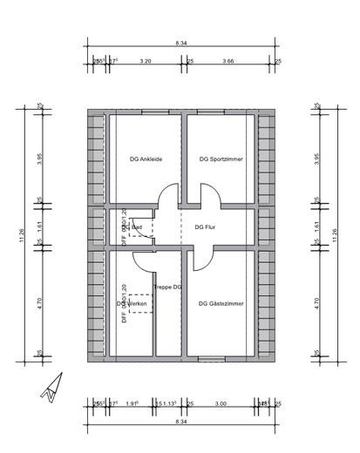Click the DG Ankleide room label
(x=146, y=159)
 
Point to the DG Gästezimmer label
(x=221, y=303)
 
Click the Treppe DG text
(x=166, y=287)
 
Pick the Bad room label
(x=136, y=227)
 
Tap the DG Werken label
(x=131, y=303)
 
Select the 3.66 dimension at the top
(x=228, y=61)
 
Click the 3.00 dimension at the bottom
(x=221, y=403)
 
